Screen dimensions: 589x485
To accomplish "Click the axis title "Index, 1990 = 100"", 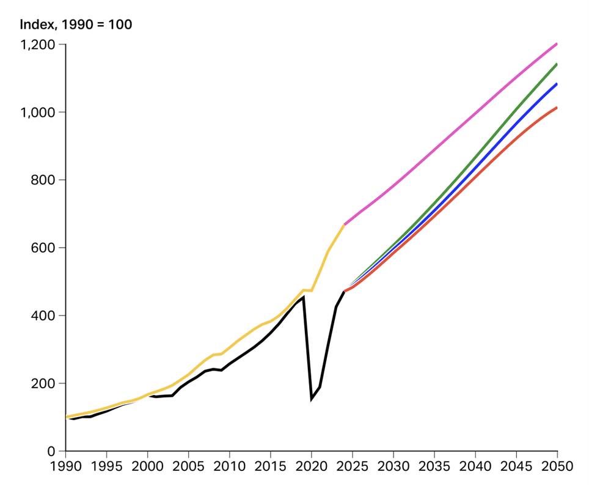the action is tap(76, 24).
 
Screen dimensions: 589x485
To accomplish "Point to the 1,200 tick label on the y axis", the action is tap(37, 45).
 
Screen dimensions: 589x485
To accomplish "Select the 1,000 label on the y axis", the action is tap(37, 113).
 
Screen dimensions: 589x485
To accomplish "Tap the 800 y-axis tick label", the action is tap(43, 180).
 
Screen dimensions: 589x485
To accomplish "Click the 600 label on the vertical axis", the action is tap(43, 248).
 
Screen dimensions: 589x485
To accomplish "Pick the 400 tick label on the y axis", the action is tap(43, 316).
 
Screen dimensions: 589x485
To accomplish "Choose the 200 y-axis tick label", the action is tap(43, 383).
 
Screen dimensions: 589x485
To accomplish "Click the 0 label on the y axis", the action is tap(51, 451).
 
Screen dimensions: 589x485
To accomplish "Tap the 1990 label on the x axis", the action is tap(66, 466).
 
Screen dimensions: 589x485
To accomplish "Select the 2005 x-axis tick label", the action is tap(189, 466).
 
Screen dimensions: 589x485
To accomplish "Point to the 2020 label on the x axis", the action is tap(312, 466).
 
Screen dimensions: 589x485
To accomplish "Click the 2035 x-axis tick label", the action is tap(434, 466).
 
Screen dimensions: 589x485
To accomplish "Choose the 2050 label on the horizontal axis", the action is tap(557, 466).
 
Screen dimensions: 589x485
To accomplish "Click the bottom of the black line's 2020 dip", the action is tap(312, 399).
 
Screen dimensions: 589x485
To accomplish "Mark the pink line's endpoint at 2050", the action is tap(557, 44).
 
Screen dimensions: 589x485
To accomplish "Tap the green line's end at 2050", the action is tap(557, 64).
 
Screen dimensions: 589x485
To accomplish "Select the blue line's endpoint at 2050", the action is tap(557, 84).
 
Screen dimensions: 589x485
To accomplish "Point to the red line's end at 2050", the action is tap(557, 108).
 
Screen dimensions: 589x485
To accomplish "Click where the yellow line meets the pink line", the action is tap(344, 224).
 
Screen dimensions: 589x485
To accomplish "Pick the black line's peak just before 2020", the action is tap(303, 297).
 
